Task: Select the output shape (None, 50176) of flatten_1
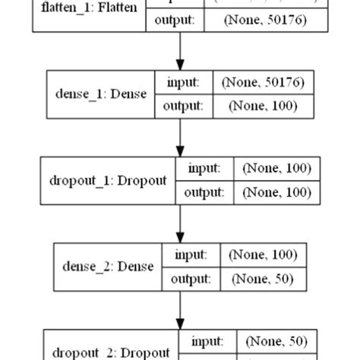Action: pyautogui.click(x=265, y=21)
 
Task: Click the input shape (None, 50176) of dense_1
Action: pyautogui.click(x=261, y=83)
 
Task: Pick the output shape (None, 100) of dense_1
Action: pyautogui.click(x=261, y=107)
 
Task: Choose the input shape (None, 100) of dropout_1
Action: pyautogui.click(x=276, y=169)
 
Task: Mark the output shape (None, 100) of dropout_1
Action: pyautogui.click(x=276, y=193)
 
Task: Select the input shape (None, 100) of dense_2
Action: pyautogui.click(x=263, y=254)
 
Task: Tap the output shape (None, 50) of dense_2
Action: pyautogui.click(x=263, y=279)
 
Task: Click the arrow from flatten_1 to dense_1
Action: pyautogui.click(x=180, y=52)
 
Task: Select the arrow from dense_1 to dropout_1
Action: pyautogui.click(x=180, y=137)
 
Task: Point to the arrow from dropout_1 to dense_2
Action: pyautogui.click(x=180, y=223)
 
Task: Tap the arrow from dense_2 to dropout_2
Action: pyautogui.click(x=180, y=309)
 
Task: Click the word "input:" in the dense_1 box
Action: pyautogui.click(x=182, y=83)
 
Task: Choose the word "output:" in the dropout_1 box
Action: pyautogui.click(x=204, y=193)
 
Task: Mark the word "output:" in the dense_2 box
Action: pyautogui.click(x=191, y=279)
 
